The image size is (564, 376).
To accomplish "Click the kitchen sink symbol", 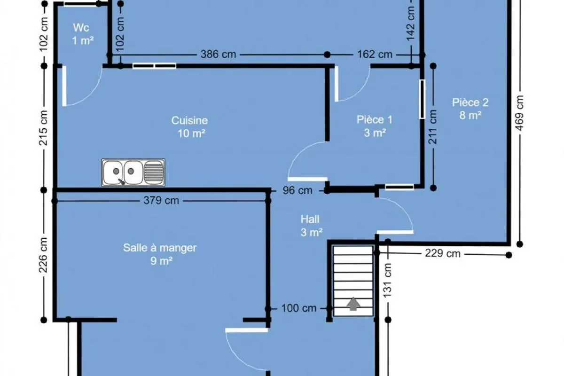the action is [133, 172].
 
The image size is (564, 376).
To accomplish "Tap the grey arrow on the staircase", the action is [353, 304].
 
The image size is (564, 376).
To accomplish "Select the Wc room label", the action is [81, 28].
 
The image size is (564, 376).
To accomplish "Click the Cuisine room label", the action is [189, 120].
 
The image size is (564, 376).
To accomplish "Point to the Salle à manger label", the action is [160, 248].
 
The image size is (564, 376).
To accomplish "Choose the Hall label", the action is [310, 219].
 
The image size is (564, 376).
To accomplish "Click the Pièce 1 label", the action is [375, 120].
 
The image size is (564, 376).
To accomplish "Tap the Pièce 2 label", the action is [470, 102].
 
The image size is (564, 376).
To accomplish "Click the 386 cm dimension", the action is [218, 54].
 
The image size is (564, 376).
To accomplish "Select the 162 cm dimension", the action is [375, 54].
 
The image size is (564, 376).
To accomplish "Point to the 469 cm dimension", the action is [520, 113].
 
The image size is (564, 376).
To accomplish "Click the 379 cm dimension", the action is [161, 201].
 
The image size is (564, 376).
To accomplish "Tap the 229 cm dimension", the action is [443, 253].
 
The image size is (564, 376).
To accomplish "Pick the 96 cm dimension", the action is [298, 190].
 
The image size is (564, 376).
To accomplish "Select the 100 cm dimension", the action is [299, 308].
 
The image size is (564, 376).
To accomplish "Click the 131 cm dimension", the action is [387, 280].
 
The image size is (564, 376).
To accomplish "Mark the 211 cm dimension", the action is [432, 127].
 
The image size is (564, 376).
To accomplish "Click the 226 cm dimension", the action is [43, 255].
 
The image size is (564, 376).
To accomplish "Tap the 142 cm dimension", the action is [410, 23].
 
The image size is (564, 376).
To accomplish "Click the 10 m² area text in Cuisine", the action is [191, 133].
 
